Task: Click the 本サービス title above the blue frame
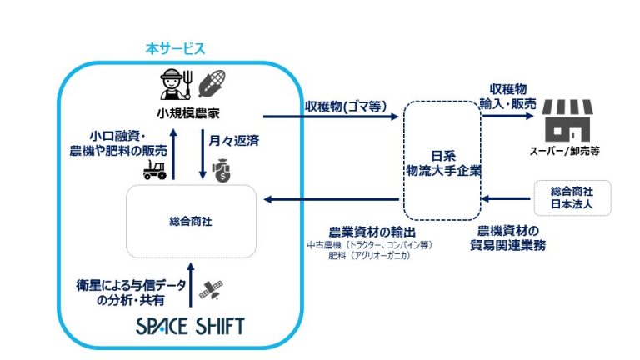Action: point(175,49)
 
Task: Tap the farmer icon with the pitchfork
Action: point(176,84)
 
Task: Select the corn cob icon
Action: point(212,83)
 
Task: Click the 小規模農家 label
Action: point(188,113)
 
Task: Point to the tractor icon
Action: point(155,169)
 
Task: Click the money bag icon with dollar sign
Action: point(221,170)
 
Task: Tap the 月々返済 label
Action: point(234,141)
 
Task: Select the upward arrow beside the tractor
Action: point(173,154)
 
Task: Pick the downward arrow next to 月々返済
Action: point(202,154)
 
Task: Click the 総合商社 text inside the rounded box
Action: point(191,222)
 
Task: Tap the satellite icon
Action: point(211,289)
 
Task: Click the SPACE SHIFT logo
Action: point(190,327)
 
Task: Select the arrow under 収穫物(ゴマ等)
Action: point(331,117)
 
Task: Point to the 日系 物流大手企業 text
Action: point(443,163)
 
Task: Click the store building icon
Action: point(567,121)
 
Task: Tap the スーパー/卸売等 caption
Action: point(565,151)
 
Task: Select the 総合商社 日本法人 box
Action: point(572,198)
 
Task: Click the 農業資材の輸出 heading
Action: point(372,232)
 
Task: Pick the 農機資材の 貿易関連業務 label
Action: point(507,238)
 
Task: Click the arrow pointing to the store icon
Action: point(507,116)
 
